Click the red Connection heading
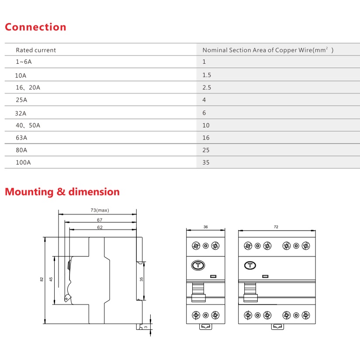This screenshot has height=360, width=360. [35, 27]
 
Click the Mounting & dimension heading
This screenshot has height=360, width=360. [62, 192]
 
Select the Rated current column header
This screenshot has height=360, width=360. [36, 50]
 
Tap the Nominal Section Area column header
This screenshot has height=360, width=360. [267, 50]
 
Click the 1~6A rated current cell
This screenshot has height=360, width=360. [24, 62]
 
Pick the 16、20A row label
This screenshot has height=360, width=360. [28, 87]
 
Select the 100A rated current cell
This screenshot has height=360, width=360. [24, 163]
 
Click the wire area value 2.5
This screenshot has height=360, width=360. [207, 87]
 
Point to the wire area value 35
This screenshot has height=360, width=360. [206, 163]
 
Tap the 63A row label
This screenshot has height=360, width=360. [21, 138]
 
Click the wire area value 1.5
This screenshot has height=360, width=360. [207, 75]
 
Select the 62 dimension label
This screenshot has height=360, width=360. [100, 228]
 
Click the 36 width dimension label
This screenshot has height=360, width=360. [205, 227]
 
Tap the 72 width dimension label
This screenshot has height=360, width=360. [276, 227]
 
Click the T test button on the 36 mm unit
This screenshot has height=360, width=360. [198, 265]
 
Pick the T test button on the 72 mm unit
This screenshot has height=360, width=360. [250, 265]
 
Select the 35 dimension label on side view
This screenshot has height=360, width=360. [142, 279]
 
